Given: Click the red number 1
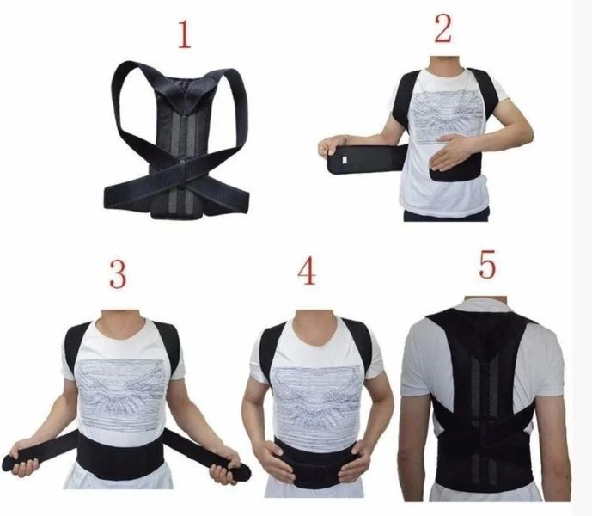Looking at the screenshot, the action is pyautogui.click(x=185, y=34).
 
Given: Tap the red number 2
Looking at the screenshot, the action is pyautogui.click(x=442, y=29).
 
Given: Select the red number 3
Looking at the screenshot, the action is pyautogui.click(x=118, y=273).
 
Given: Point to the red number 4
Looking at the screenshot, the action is pyautogui.click(x=307, y=271).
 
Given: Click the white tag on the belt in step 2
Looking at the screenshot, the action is pyautogui.click(x=345, y=160).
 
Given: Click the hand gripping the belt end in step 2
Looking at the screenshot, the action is pyautogui.click(x=327, y=147).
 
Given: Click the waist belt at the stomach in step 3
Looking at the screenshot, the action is pyautogui.click(x=120, y=457).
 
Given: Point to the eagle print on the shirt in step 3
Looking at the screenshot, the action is pyautogui.click(x=122, y=394).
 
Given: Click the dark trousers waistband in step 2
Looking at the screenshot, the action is pyautogui.click(x=446, y=216).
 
